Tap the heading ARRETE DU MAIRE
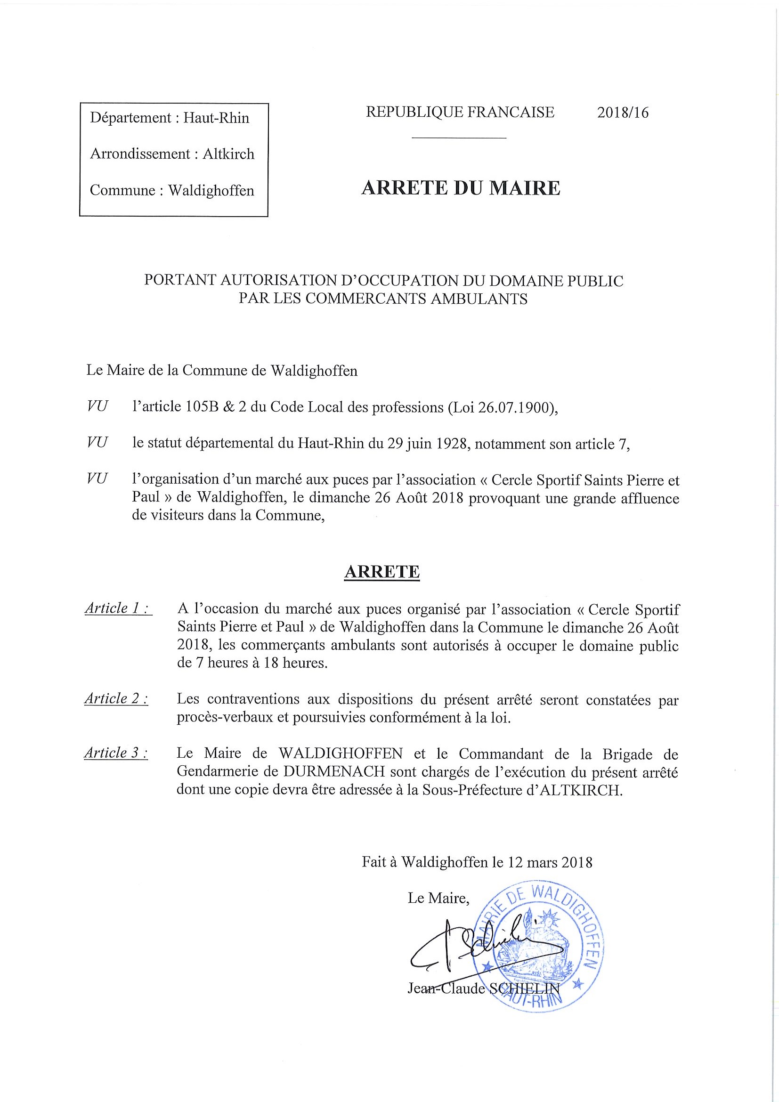(x=461, y=188)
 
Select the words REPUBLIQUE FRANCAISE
(x=460, y=112)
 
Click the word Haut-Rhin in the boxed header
(x=216, y=118)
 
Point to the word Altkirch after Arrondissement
(x=228, y=154)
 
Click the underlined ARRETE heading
(x=382, y=572)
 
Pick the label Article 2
(x=116, y=699)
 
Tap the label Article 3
(x=116, y=753)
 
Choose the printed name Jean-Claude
(x=446, y=989)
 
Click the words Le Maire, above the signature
(x=438, y=898)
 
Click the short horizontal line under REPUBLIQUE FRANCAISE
(x=459, y=138)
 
